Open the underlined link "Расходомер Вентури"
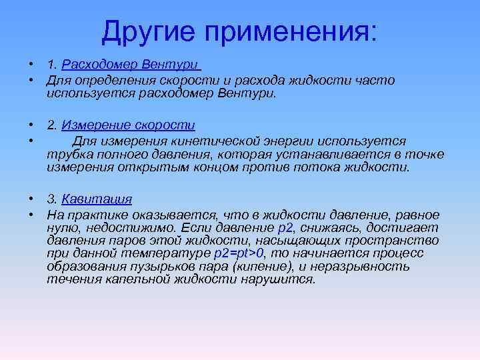click(130, 65)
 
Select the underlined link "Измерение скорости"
click(128, 125)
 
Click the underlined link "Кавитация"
click(97, 199)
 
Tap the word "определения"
click(107, 81)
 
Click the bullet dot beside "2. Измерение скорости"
click(31, 125)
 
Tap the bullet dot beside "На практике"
click(31, 215)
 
